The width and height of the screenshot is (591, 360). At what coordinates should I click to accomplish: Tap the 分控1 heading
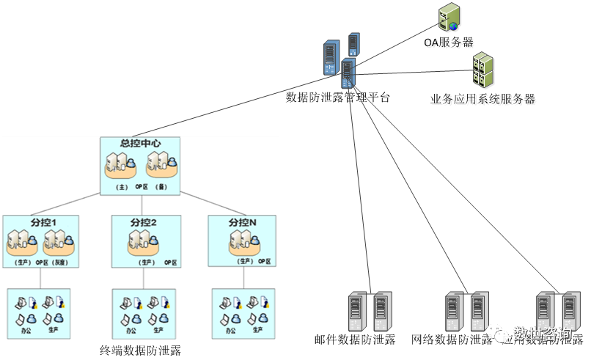(x=40, y=222)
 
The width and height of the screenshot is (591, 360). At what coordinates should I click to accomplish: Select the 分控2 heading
(x=144, y=222)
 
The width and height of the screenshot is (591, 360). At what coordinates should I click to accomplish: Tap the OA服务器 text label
(x=446, y=43)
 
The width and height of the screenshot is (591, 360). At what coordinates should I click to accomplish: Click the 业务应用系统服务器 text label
(x=483, y=100)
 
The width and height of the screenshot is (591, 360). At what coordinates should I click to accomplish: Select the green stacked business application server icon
(x=482, y=70)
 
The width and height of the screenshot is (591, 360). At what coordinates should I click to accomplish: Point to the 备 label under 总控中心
(x=163, y=187)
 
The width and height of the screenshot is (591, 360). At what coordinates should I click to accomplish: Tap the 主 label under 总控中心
(x=122, y=187)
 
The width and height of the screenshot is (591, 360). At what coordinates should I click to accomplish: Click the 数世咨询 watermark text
(x=542, y=334)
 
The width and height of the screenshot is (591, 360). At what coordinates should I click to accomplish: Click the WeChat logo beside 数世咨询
(x=499, y=334)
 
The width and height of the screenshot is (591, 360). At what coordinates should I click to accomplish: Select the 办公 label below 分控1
(x=26, y=330)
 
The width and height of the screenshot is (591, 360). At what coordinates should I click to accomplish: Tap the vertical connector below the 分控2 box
(x=144, y=278)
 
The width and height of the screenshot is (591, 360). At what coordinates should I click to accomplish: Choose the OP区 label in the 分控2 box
(x=170, y=262)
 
